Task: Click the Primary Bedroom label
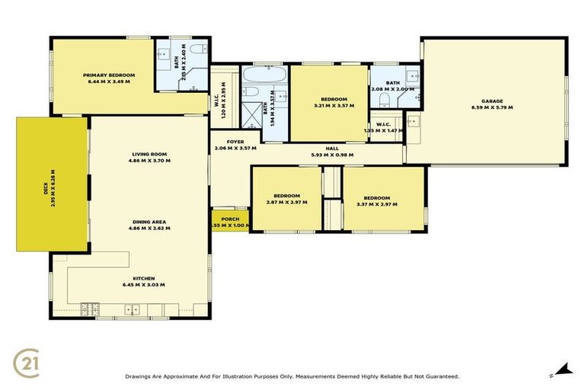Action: (x=109, y=75)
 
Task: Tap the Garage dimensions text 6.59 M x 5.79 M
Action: (x=491, y=108)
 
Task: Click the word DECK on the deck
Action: (x=46, y=184)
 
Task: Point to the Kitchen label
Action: (x=143, y=278)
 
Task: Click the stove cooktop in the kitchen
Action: (x=91, y=308)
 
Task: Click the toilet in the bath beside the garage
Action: (x=384, y=100)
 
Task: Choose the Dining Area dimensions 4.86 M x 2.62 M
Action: (x=149, y=229)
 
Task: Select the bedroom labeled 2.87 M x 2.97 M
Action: (x=286, y=198)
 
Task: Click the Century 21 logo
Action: (x=27, y=363)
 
